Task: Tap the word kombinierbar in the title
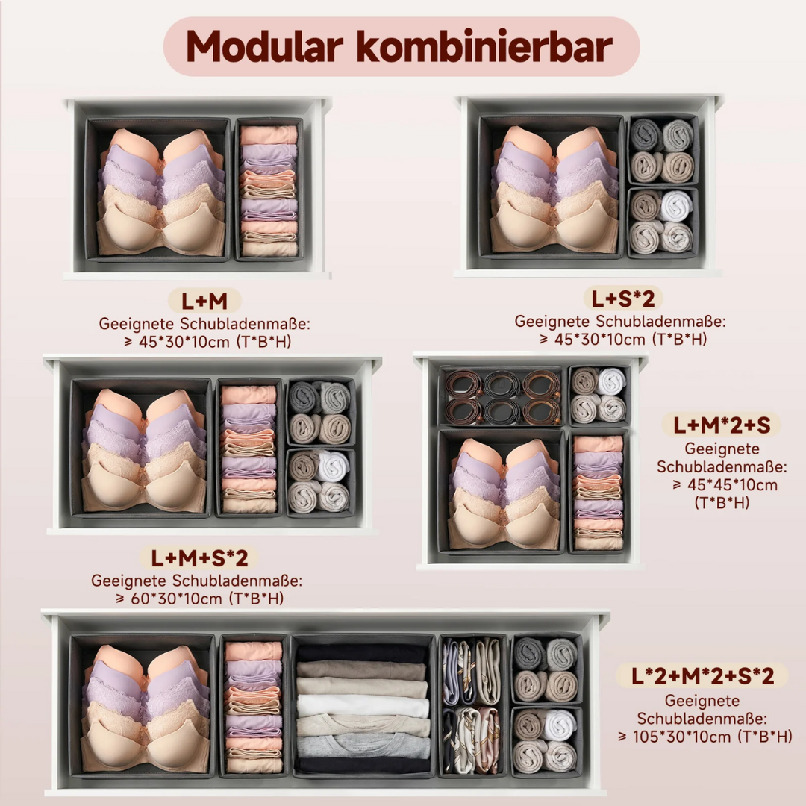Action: pyautogui.click(x=484, y=46)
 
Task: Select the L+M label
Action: pyautogui.click(x=204, y=301)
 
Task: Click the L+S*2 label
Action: pyautogui.click(x=623, y=299)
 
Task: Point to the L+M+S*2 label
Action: pyautogui.click(x=199, y=558)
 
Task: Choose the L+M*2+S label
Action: pyautogui.click(x=722, y=425)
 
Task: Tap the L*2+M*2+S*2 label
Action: pyautogui.click(x=703, y=676)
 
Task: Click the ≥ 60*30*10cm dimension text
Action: pyautogui.click(x=199, y=599)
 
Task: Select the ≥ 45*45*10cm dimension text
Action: pyautogui.click(x=725, y=485)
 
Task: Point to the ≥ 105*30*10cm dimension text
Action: pyautogui.click(x=705, y=737)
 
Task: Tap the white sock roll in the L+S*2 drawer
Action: pyautogui.click(x=675, y=206)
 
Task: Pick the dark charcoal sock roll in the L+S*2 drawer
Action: pyautogui.click(x=645, y=134)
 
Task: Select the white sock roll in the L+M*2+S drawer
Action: pyautogui.click(x=612, y=381)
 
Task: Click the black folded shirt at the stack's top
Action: pyautogui.click(x=362, y=654)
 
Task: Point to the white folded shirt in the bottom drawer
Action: pyautogui.click(x=363, y=706)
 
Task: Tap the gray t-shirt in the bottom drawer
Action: pyautogui.click(x=363, y=746)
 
